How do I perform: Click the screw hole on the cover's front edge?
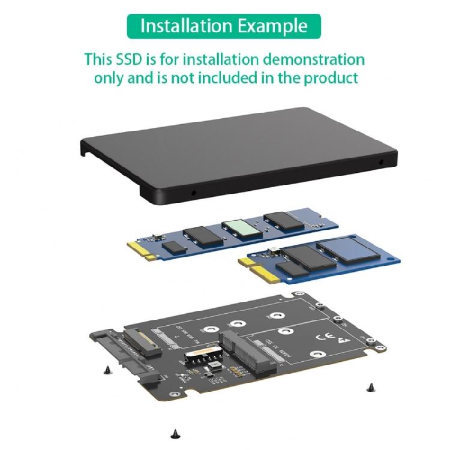pos(193,194)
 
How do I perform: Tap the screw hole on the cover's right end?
pos(382,162)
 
